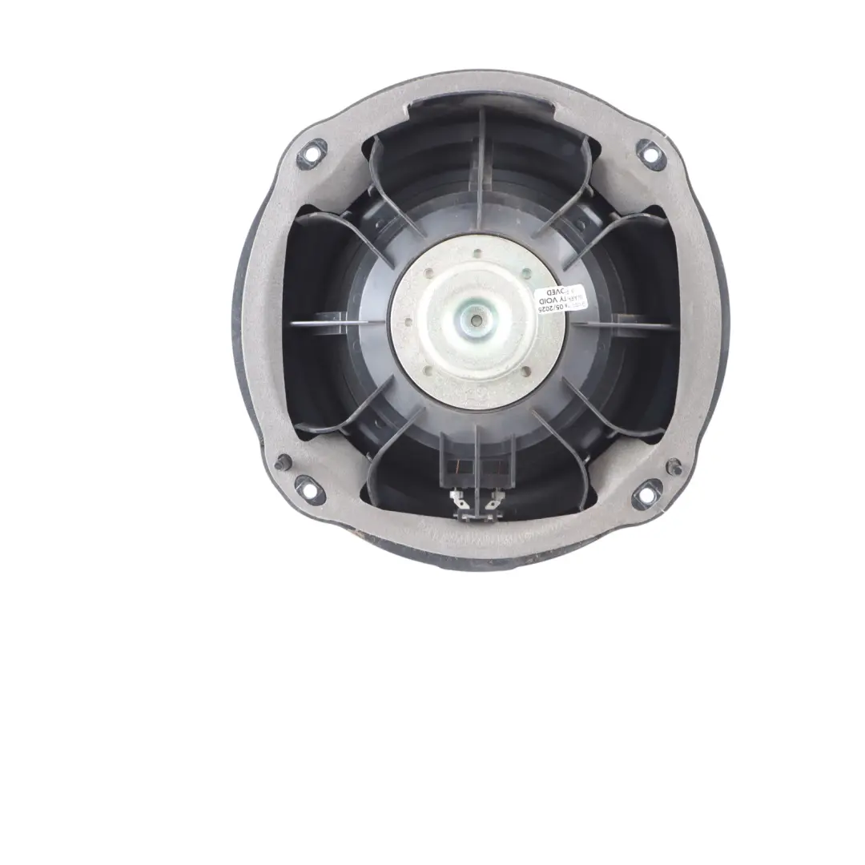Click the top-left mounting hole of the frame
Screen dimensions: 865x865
coord(310,151)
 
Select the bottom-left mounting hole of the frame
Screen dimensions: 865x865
coord(304,486)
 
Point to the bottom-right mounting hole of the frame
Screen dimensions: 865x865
coord(647,493)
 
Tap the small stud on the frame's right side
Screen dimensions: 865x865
coord(674,465)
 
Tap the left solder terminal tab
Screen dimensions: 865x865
coord(459,502)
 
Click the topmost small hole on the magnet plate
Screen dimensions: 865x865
coord(477,254)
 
